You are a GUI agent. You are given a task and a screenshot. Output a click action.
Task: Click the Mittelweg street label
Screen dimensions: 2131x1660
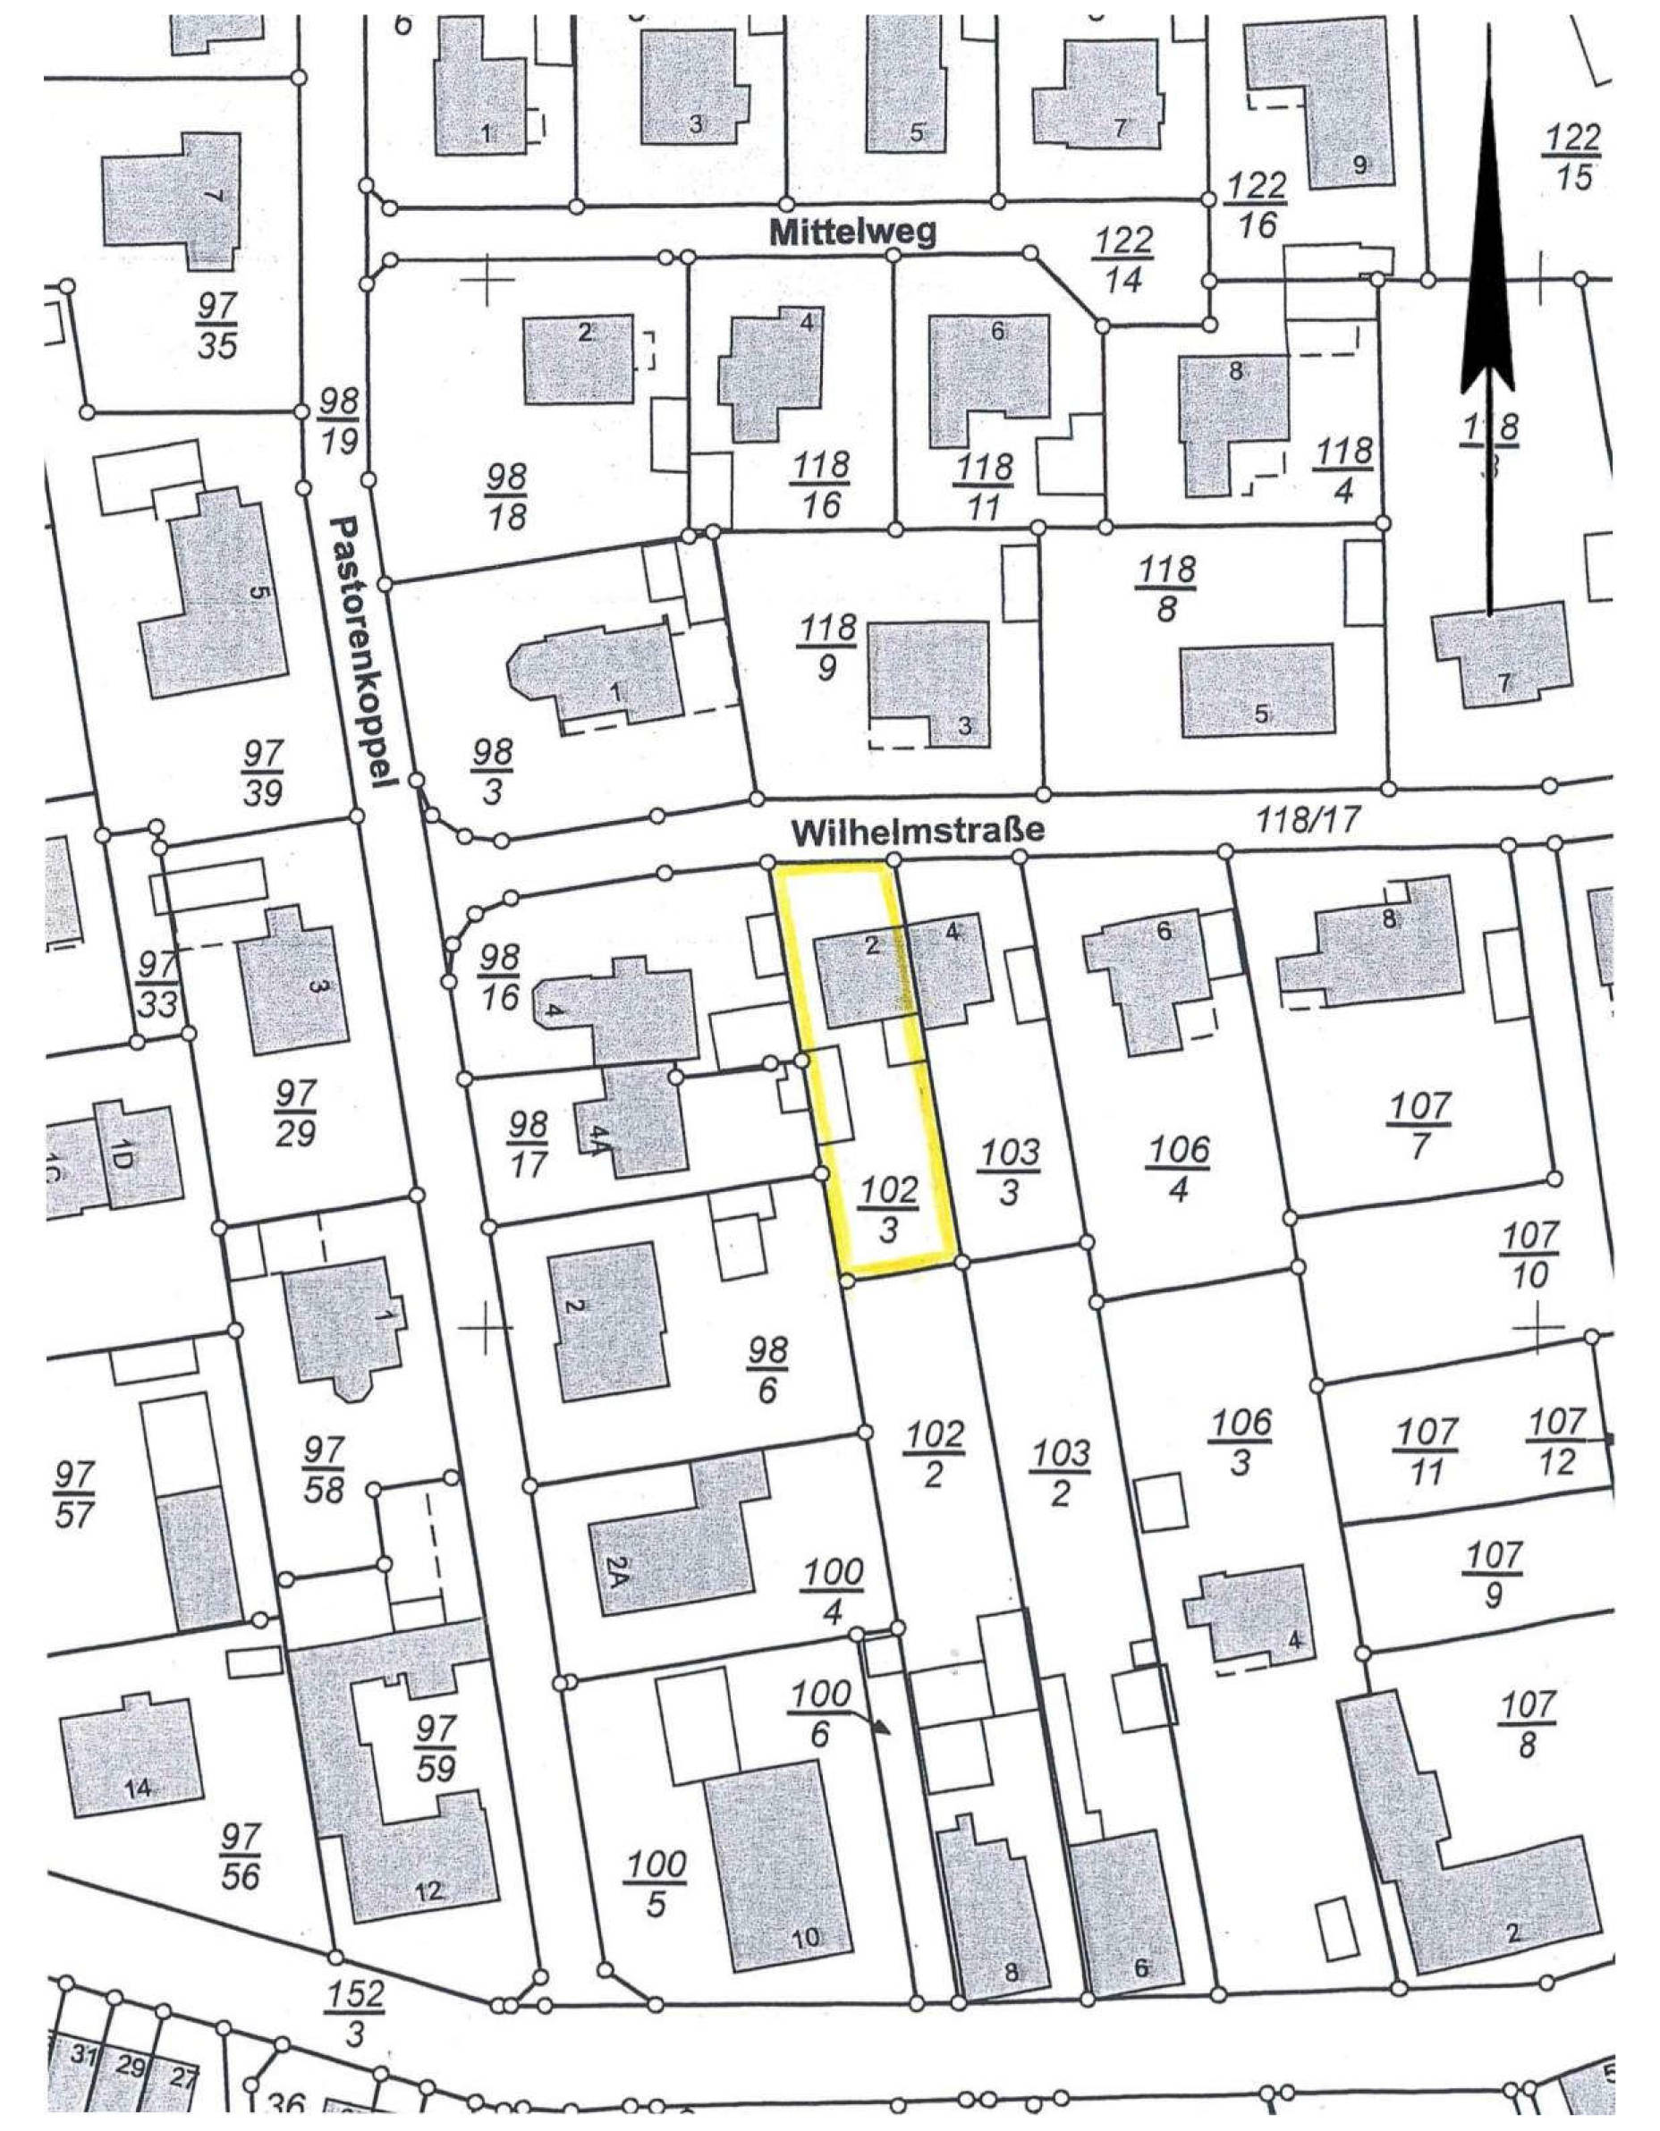853,233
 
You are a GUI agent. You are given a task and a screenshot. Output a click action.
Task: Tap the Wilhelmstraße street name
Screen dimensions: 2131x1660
918,832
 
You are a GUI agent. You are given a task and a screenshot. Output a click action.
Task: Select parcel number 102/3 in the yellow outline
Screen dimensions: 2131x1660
889,1208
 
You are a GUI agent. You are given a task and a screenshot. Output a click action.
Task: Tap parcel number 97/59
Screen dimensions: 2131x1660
436,1749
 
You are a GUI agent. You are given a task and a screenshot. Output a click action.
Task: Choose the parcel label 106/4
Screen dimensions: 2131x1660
1179,1169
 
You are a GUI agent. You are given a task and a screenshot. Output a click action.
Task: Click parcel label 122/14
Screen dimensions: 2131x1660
1124,259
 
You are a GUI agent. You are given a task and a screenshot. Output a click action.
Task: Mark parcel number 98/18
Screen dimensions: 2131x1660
506,496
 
